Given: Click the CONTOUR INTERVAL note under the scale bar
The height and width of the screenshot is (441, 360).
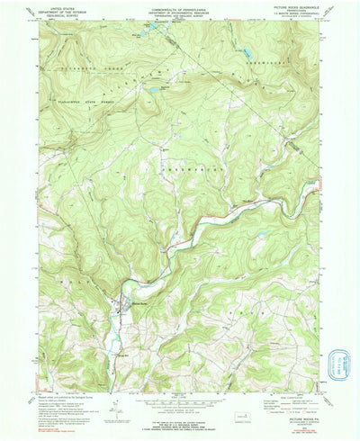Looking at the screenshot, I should (x=180, y=406).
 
